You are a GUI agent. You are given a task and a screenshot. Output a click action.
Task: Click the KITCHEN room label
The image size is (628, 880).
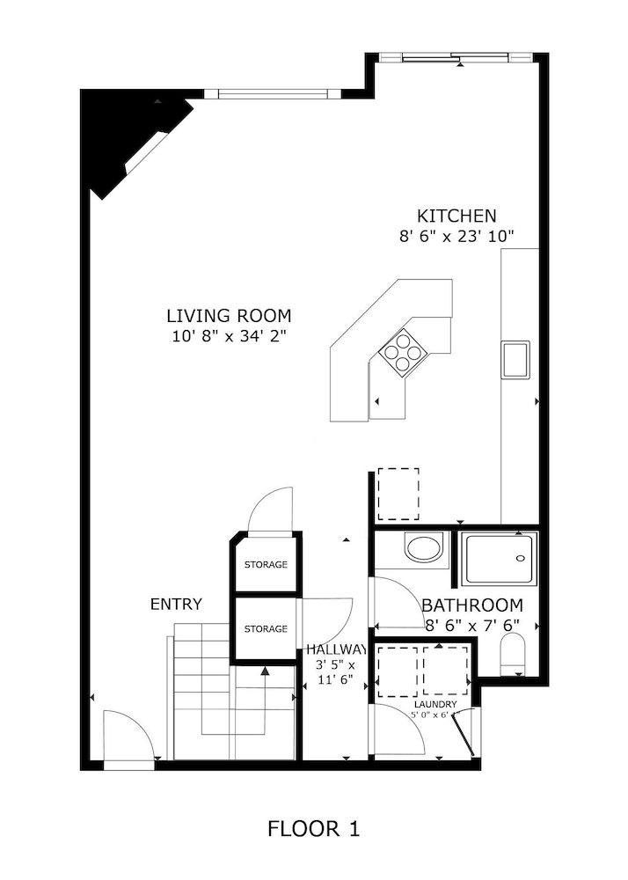456,216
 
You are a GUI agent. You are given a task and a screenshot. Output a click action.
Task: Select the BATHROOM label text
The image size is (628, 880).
472,605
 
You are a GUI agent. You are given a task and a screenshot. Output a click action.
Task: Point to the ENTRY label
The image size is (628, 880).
176,605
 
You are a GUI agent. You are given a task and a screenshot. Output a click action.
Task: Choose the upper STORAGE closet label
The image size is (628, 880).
266,564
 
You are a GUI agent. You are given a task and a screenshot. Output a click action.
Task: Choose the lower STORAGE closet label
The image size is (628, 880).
266,628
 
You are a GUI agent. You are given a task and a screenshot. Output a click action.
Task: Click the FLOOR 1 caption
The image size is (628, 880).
314,828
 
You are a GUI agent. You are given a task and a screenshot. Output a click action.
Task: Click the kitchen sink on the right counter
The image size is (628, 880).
515,359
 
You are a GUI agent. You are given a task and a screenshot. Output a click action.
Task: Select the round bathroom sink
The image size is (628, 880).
427,548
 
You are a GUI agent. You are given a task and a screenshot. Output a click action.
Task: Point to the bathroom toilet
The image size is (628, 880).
511,656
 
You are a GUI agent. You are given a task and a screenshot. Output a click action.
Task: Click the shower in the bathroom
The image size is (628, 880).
499,559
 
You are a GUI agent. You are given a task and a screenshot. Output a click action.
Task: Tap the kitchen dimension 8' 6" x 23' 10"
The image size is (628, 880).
456,236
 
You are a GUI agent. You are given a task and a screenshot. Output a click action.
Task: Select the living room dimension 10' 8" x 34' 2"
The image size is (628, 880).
229,335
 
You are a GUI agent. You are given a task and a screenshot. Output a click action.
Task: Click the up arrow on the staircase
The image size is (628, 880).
265,671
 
